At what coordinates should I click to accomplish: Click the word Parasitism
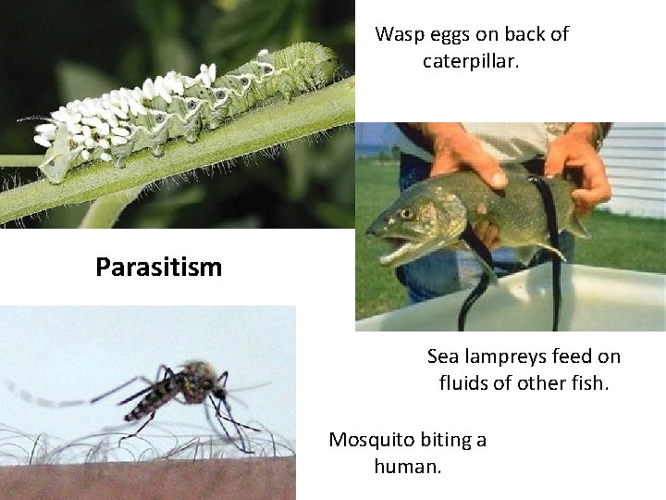(x=158, y=268)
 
